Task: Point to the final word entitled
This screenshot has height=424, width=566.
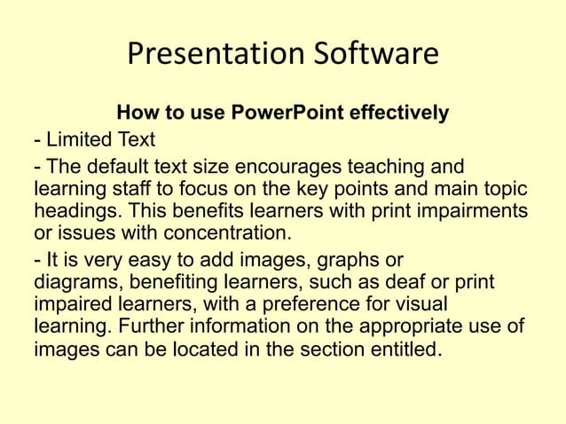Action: coord(403,349)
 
